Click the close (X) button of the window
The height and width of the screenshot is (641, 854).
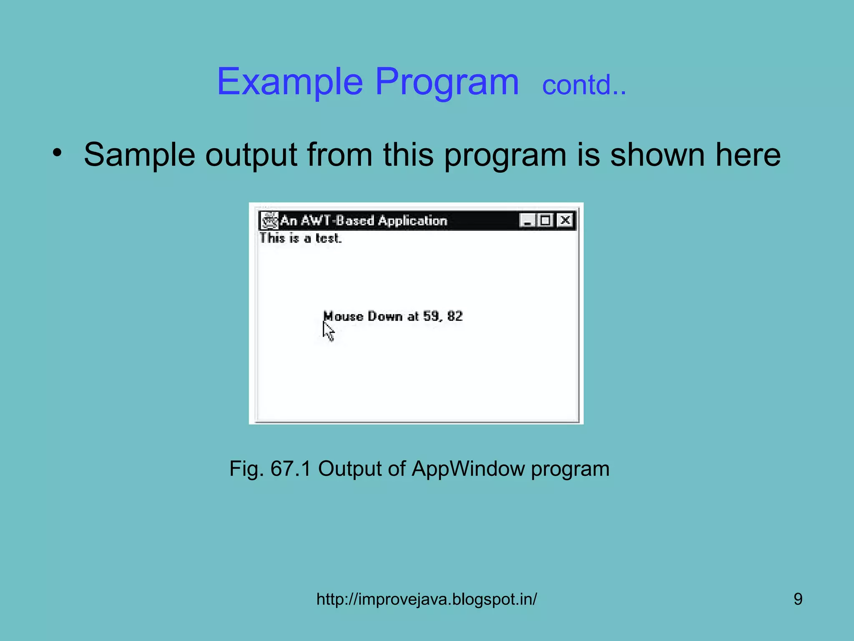tap(565, 220)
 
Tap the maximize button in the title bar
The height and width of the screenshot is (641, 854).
tap(545, 220)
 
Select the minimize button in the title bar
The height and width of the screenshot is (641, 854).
tap(527, 220)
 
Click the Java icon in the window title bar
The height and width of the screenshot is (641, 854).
tap(269, 220)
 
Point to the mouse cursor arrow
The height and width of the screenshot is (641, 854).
tap(328, 332)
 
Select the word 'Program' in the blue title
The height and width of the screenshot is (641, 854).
tap(447, 82)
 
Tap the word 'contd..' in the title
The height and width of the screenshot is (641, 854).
tap(584, 85)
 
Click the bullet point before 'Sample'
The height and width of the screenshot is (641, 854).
tap(57, 153)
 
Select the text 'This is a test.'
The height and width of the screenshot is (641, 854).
tap(300, 238)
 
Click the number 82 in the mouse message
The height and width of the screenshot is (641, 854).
tap(455, 316)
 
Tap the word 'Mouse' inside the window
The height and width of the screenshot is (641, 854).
tap(343, 316)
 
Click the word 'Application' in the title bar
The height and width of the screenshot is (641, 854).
tap(412, 220)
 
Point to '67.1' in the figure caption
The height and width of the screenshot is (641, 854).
tap(291, 468)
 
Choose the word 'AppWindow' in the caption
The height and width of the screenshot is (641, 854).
tap(468, 469)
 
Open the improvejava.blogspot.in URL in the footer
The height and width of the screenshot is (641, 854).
tap(427, 599)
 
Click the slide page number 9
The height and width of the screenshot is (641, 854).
tap(798, 599)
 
